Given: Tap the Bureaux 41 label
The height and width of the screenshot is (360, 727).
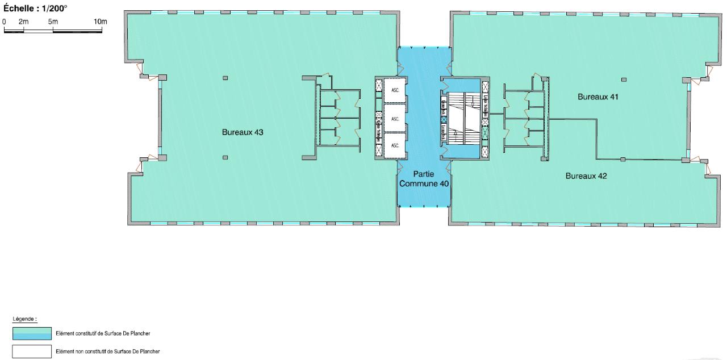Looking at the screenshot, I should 598,97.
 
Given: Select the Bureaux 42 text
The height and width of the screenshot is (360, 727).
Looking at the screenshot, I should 586,176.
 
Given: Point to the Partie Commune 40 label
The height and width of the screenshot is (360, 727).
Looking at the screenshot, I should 424,179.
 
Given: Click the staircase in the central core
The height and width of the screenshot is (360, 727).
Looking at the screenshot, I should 463,119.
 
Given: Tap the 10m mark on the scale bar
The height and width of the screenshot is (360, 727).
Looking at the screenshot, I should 100,21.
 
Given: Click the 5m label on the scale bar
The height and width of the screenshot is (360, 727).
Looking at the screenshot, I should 53,21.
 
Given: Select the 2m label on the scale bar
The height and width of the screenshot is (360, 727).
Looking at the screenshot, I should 23,21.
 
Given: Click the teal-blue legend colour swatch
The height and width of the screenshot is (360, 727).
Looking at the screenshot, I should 32,333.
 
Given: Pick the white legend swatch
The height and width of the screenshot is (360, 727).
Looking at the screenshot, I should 32,351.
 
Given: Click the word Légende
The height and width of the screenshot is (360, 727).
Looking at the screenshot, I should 24,320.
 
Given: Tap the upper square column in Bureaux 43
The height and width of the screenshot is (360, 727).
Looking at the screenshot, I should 225,78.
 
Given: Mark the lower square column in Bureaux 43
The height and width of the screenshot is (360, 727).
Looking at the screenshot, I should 225,157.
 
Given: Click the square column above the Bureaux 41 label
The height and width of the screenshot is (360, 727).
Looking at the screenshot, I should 624,79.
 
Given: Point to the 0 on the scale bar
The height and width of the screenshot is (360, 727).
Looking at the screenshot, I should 5,21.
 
